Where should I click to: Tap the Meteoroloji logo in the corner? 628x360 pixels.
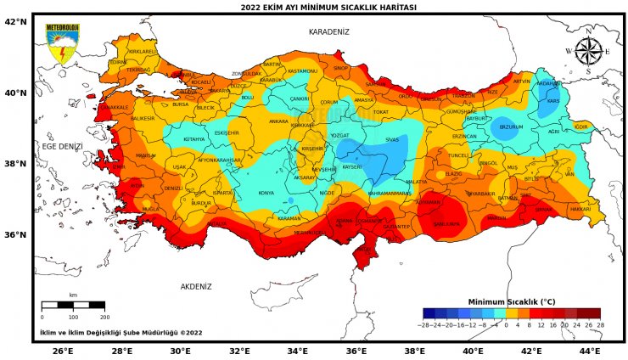pos(62,44)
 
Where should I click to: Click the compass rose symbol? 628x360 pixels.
pos(588,51)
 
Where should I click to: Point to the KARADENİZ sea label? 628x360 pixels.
pos(328,31)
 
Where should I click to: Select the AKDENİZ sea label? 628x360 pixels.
pos(196,287)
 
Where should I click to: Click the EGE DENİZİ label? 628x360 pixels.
pos(63,146)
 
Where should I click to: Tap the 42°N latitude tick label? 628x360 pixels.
pos(16,21)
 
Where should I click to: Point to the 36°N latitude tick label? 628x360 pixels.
pos(16,235)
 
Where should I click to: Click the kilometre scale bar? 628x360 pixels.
pos(73,304)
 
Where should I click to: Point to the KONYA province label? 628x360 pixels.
pos(266,193)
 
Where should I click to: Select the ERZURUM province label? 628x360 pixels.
pos(511,127)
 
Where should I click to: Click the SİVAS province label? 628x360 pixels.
pos(391,138)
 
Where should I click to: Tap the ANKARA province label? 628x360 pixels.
pos(278,121)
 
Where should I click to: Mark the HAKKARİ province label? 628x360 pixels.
pos(580,208)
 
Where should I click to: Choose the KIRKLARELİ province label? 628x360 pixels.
pos(143,51)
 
